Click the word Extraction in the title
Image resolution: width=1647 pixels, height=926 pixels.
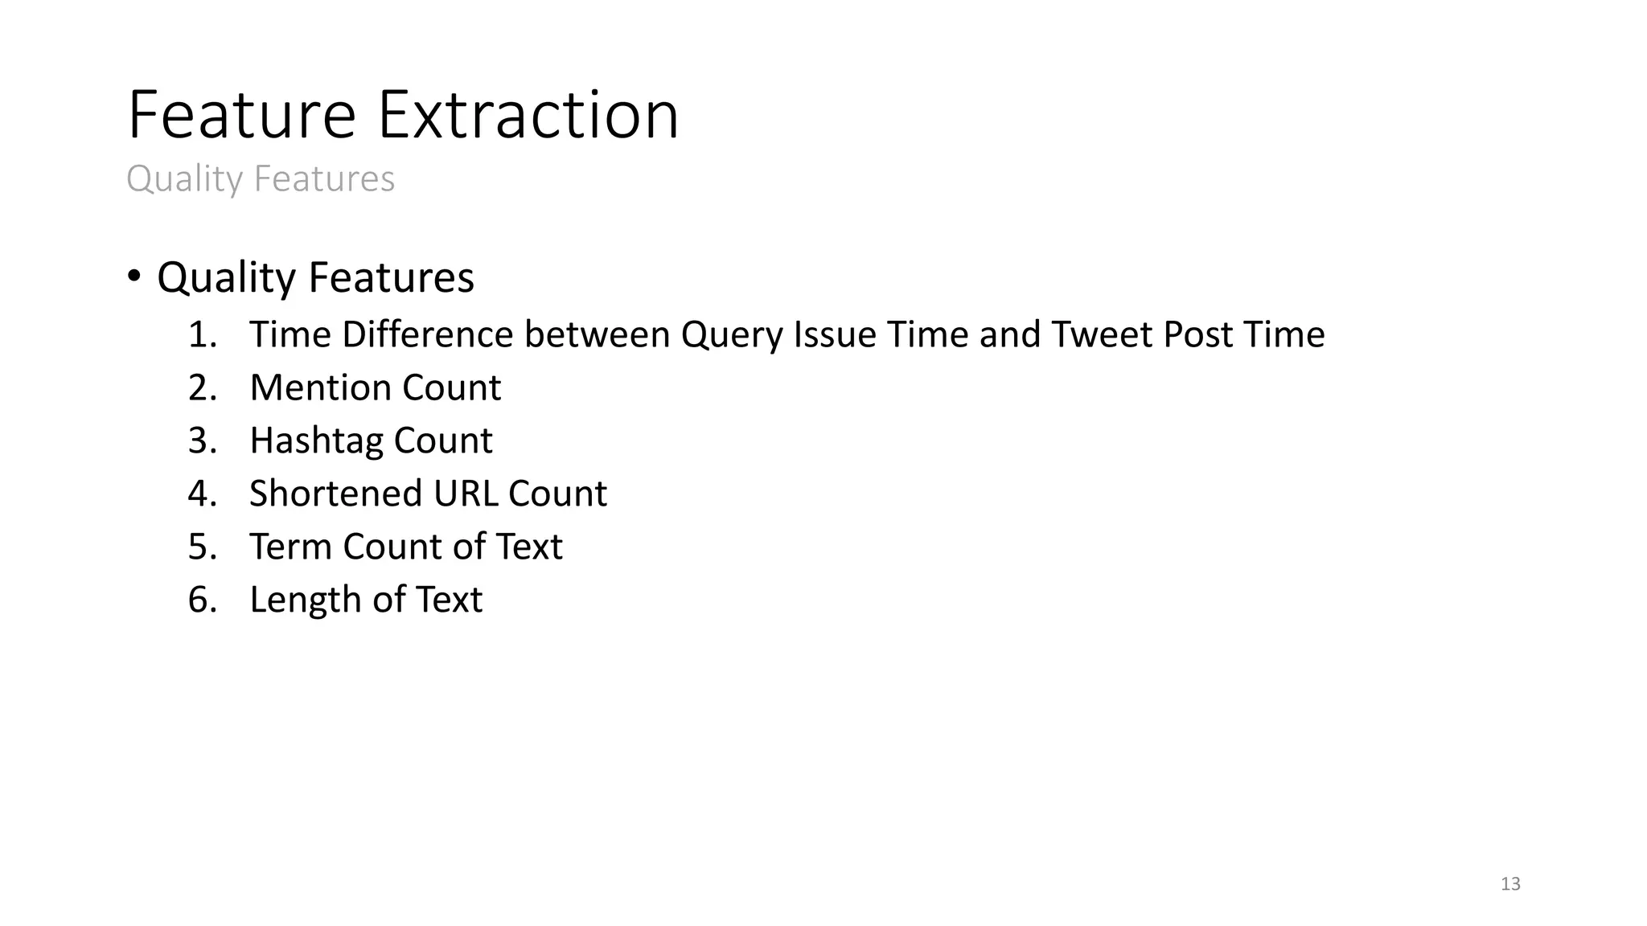tap(528, 115)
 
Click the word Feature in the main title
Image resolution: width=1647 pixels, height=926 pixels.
tap(241, 115)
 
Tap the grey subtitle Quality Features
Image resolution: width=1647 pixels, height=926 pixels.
tap(261, 178)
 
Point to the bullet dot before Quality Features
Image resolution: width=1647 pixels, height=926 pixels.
tap(133, 277)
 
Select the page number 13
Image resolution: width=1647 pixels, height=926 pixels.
tap(1510, 884)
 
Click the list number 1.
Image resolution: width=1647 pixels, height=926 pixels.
tap(202, 334)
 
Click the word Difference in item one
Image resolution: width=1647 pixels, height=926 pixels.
tap(427, 334)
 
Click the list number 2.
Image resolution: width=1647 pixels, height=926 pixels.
tap(202, 387)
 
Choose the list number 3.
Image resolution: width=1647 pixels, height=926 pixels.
tap(202, 440)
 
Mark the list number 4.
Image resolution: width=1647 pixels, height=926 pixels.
tap(202, 494)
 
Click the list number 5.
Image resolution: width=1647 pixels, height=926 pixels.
tap(202, 547)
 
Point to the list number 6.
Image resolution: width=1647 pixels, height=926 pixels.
tap(202, 600)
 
